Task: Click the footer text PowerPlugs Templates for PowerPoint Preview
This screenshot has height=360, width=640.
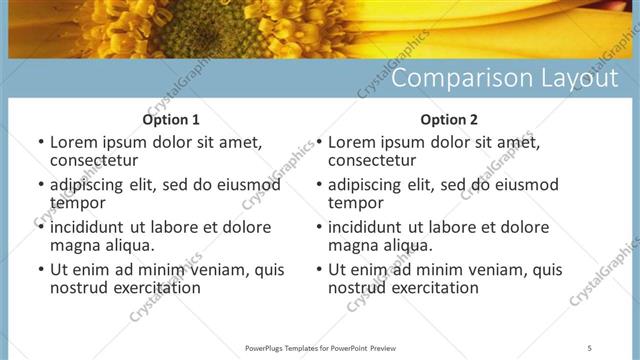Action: pyautogui.click(x=319, y=347)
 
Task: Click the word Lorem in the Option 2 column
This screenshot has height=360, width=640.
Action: pyautogui.click(x=351, y=143)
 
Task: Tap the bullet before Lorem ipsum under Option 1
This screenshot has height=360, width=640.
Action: pyautogui.click(x=40, y=143)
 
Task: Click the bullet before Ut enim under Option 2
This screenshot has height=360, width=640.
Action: pyautogui.click(x=318, y=270)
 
